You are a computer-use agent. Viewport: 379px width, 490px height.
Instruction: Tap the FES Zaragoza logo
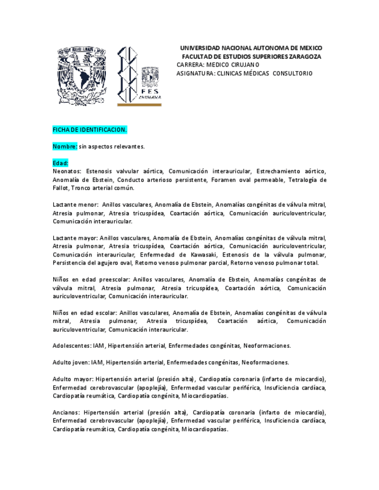pos(139,76)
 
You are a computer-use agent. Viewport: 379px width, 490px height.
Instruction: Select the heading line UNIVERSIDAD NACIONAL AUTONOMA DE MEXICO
pos(251,48)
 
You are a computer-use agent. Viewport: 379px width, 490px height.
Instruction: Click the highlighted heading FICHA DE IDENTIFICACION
pos(90,129)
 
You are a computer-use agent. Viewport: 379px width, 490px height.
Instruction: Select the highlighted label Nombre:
pos(65,147)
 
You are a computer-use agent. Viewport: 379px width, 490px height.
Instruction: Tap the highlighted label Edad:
pos(60,164)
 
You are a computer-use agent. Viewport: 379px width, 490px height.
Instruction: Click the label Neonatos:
pos(67,172)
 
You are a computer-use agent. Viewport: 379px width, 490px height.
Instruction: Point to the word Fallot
pos(60,188)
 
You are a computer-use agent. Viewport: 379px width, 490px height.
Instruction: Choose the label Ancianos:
pos(66,413)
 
